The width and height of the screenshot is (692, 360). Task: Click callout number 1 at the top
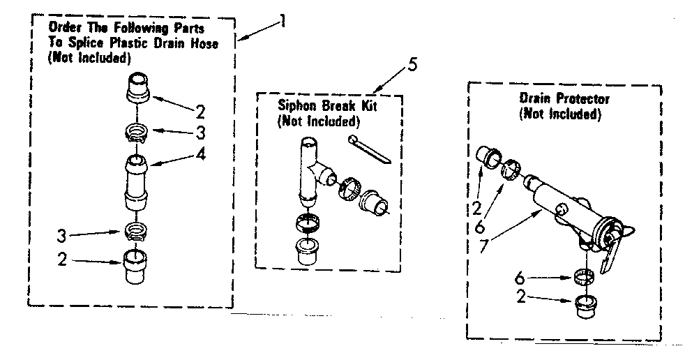tap(280, 22)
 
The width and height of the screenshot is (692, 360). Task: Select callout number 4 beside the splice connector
tap(201, 154)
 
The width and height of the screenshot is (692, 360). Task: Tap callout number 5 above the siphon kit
tap(412, 66)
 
